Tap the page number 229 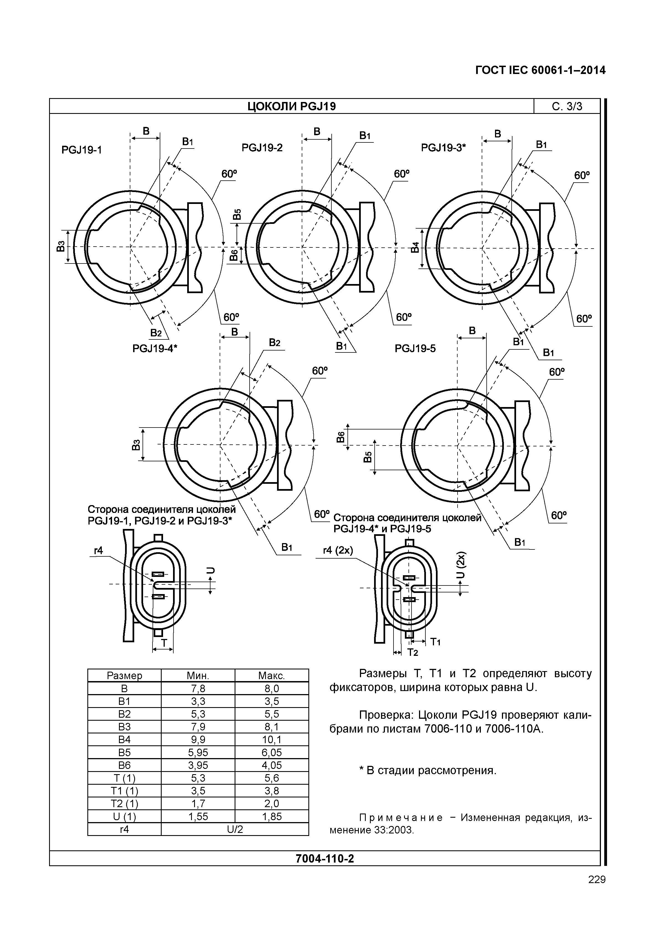(x=597, y=880)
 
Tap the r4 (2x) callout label (x=338, y=550)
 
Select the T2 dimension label (x=412, y=653)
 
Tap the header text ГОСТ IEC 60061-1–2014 (x=540, y=71)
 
